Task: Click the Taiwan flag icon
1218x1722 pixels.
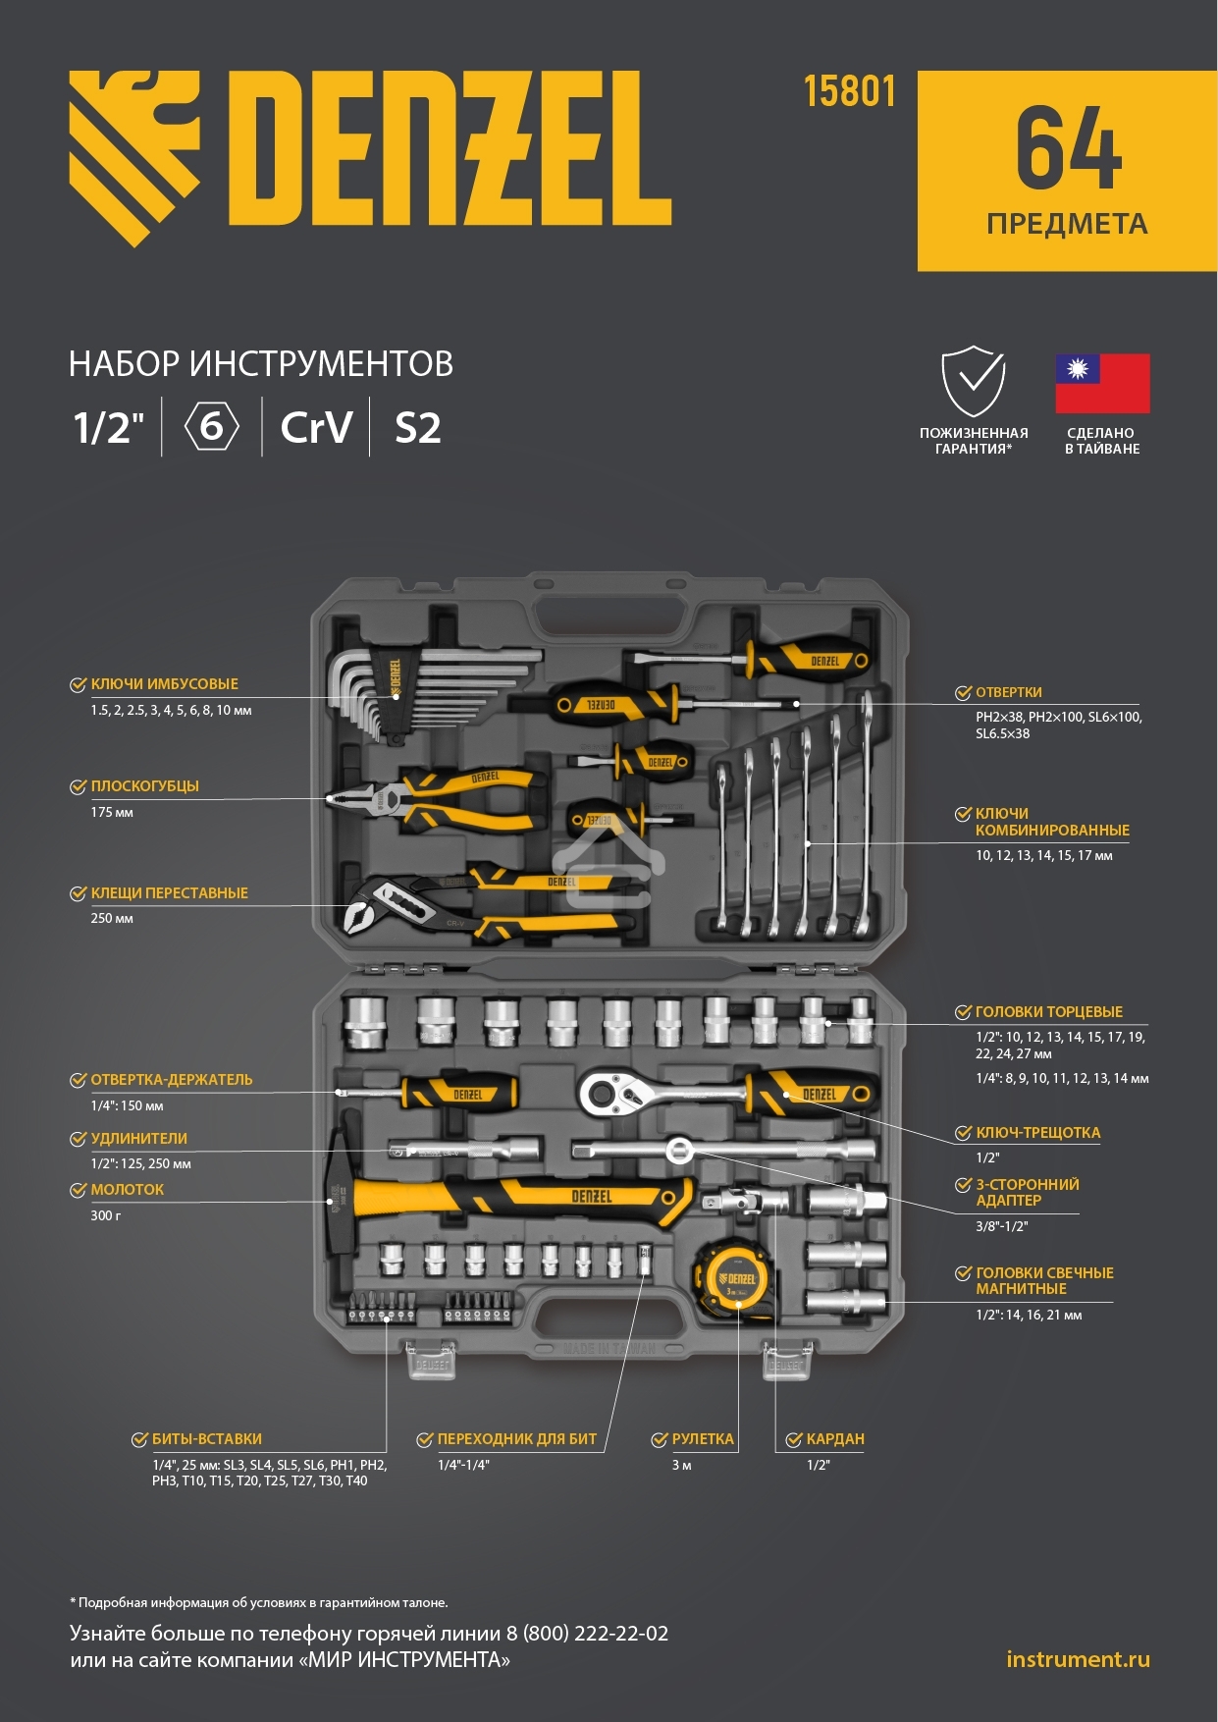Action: tap(1102, 384)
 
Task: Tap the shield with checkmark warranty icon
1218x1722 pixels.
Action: tap(974, 381)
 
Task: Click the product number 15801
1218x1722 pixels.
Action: tap(849, 91)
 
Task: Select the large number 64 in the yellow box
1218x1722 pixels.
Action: tap(1068, 148)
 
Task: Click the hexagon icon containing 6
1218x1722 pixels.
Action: tap(212, 427)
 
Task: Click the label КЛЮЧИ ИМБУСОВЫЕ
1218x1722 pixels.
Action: tap(165, 684)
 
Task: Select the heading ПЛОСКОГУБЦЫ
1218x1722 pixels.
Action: tap(145, 786)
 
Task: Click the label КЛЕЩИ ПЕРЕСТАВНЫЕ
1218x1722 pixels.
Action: tap(170, 893)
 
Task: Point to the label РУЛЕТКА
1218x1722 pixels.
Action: tap(703, 1439)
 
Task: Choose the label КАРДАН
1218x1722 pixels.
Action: tap(835, 1439)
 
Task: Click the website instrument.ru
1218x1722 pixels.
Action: tap(1078, 1659)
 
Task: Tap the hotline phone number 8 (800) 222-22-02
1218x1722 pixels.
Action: tap(588, 1634)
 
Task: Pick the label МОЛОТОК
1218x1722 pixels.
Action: tap(128, 1190)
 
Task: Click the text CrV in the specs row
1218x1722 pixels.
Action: tap(316, 428)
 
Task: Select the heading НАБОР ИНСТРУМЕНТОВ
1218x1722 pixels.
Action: tap(261, 364)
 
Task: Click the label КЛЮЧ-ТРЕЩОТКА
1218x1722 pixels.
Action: tap(1038, 1133)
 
